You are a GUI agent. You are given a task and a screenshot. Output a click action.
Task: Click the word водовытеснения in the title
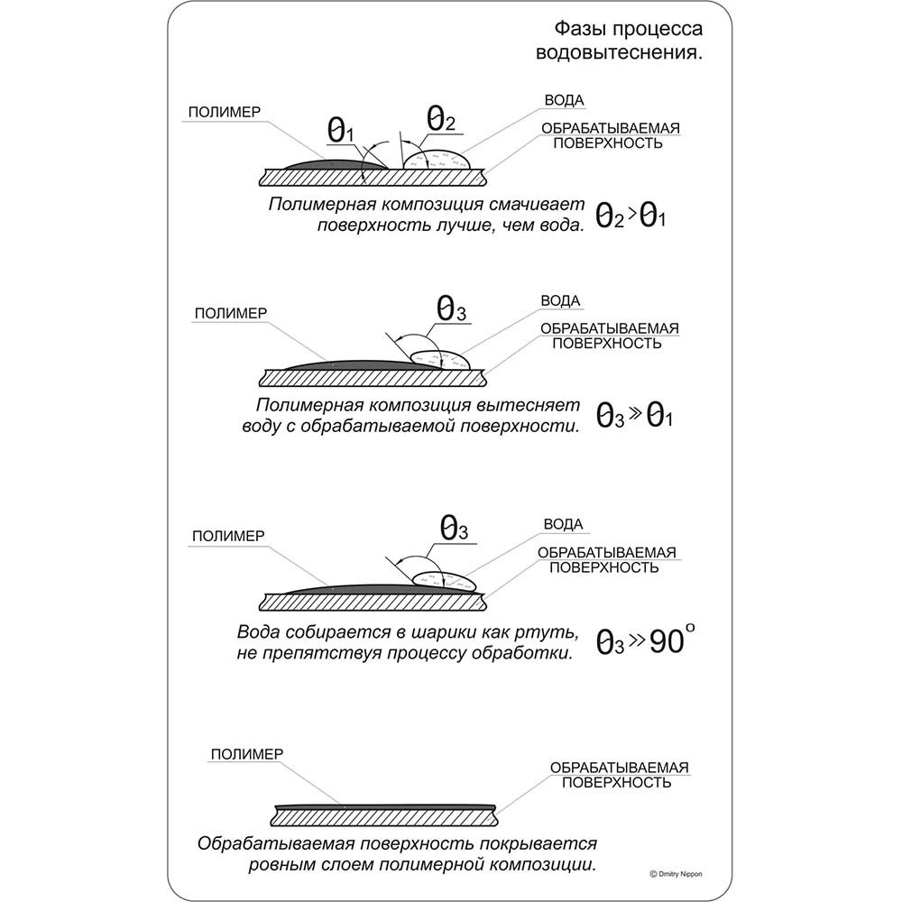pos(619,52)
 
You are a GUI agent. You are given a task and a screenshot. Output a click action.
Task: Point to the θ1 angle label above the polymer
pos(341,132)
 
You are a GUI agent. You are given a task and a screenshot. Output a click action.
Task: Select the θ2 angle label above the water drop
pos(440,117)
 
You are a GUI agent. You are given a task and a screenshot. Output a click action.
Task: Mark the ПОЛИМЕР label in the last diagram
pos(246,754)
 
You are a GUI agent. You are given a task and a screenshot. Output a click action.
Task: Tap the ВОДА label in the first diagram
pos(565,100)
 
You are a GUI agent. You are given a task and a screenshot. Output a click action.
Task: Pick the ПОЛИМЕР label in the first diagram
pos(225,112)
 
